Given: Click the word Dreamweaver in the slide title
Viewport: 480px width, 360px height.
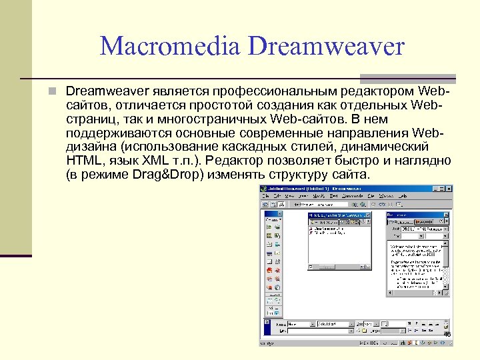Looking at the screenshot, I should pyautogui.click(x=327, y=47).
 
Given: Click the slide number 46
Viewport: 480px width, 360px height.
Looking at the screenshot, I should pyautogui.click(x=447, y=335).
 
